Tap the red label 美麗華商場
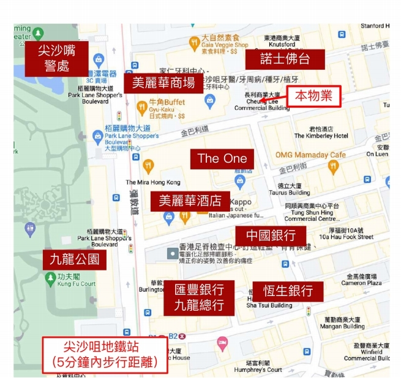(163, 83)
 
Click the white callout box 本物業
(313, 95)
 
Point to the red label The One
(222, 158)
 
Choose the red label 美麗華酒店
(190, 201)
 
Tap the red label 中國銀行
(271, 235)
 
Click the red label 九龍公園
(73, 259)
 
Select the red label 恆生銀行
(287, 291)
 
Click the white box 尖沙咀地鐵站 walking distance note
(105, 355)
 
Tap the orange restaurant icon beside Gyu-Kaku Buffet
(143, 109)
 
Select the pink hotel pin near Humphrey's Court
(222, 343)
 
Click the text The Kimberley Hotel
(321, 136)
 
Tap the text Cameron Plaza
(361, 283)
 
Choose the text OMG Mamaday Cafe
(310, 155)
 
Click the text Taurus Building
(290, 193)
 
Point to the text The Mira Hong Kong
(153, 182)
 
